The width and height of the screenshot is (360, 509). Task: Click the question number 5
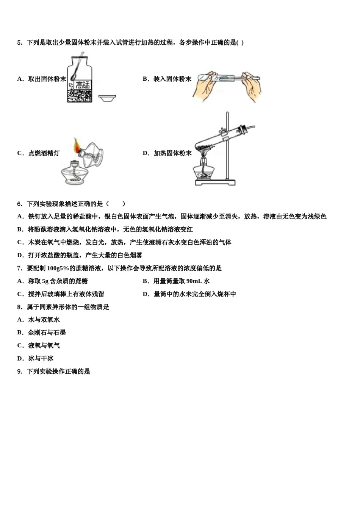pyautogui.click(x=19, y=43)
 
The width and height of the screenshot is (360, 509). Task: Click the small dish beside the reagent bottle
pyautogui.click(x=107, y=98)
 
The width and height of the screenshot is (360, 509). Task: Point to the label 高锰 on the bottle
pyautogui.click(x=83, y=85)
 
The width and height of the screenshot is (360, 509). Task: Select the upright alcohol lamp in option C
pyautogui.click(x=78, y=174)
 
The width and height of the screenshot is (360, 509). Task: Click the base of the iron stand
pyautogui.click(x=215, y=183)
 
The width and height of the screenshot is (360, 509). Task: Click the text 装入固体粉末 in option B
pyautogui.click(x=172, y=79)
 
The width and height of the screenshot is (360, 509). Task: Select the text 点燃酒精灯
pyautogui.click(x=44, y=153)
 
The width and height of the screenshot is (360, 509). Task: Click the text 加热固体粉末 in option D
pyautogui.click(x=172, y=153)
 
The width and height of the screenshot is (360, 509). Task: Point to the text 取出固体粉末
pyautogui.click(x=47, y=79)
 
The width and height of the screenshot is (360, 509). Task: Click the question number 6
pyautogui.click(x=19, y=204)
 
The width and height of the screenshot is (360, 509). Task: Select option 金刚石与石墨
pyautogui.click(x=47, y=333)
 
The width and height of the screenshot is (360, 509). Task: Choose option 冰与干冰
pyautogui.click(x=41, y=359)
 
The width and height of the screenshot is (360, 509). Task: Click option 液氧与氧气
pyautogui.click(x=44, y=346)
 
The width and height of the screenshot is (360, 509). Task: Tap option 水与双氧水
pyautogui.click(x=44, y=320)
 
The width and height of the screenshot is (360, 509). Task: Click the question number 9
pyautogui.click(x=19, y=372)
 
